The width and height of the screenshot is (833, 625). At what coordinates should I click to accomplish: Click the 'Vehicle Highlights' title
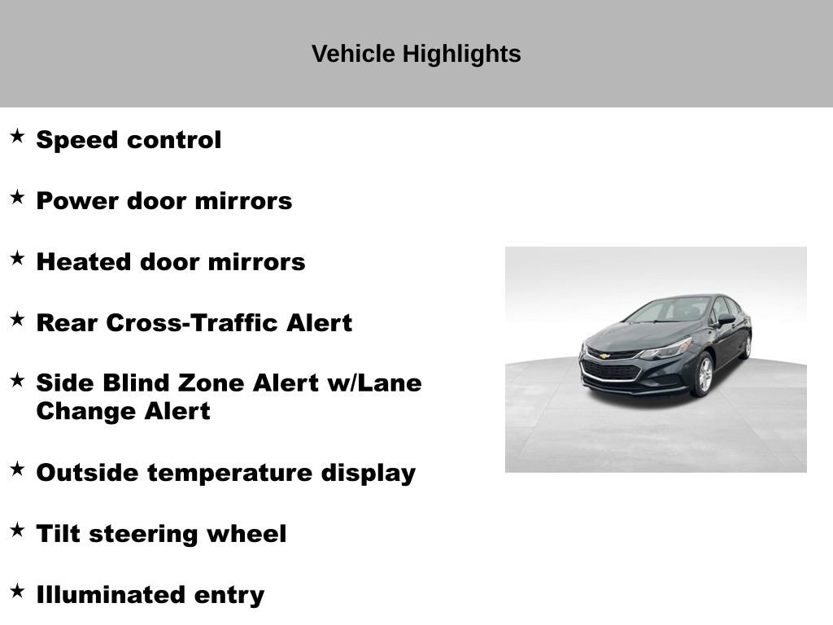point(416,55)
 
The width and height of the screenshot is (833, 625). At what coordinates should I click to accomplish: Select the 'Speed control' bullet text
point(129,140)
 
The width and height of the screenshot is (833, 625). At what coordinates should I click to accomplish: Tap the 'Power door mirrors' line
point(164,201)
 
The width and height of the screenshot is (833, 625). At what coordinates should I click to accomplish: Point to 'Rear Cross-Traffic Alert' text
point(194,323)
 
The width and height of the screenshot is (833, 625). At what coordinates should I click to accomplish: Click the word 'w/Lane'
point(374,382)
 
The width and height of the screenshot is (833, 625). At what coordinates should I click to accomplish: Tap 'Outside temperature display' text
point(225,473)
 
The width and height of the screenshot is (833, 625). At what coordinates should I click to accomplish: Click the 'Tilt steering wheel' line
point(161,534)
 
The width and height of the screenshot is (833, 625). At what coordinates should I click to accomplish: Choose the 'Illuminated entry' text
point(150,595)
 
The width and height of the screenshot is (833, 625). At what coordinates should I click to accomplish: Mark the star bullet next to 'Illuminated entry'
point(17,591)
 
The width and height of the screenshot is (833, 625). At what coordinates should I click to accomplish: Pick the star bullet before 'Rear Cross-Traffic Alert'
point(17,319)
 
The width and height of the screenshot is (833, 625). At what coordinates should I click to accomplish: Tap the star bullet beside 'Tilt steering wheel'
point(17,530)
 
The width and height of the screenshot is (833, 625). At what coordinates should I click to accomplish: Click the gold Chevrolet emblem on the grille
point(605,356)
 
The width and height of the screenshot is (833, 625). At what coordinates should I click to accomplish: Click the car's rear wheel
point(745,345)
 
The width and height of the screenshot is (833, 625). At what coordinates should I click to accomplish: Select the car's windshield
point(669,311)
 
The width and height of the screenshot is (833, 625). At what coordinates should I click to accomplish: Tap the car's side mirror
point(724,320)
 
